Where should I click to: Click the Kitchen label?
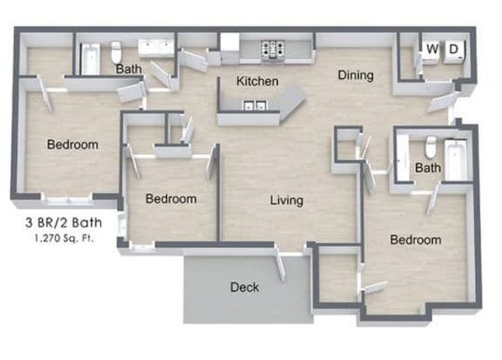coord(258,82)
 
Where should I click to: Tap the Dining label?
coord(355,75)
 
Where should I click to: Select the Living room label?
coord(287,200)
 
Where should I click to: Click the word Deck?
coord(244,287)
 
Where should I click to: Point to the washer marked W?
coord(432,50)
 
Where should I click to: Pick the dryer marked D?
coord(455,50)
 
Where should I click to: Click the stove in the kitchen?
coord(273,48)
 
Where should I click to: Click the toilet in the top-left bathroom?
coord(116,51)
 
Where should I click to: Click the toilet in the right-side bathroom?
coord(429,148)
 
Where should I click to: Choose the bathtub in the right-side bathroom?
coord(456,158)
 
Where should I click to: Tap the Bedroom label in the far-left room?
coord(73,145)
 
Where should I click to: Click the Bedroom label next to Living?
coord(172,199)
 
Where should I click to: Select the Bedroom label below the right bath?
coord(415,240)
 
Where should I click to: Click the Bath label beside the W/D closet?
coord(428,168)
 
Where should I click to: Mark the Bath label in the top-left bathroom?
coord(128,69)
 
